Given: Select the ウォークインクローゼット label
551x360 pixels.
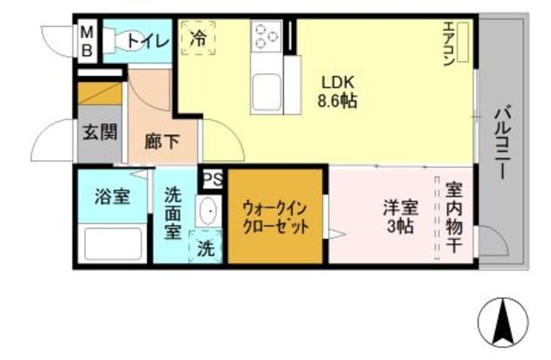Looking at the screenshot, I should click(275, 216).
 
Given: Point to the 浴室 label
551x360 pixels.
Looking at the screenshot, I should click(112, 196).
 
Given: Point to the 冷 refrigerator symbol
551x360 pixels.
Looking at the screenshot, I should click(199, 39).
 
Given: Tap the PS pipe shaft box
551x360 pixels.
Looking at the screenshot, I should click(212, 180).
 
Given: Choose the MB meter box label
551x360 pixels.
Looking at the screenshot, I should click(87, 40).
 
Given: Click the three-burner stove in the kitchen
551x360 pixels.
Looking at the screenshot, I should click(266, 36).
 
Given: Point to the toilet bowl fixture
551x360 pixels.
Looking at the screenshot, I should click(115, 40).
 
